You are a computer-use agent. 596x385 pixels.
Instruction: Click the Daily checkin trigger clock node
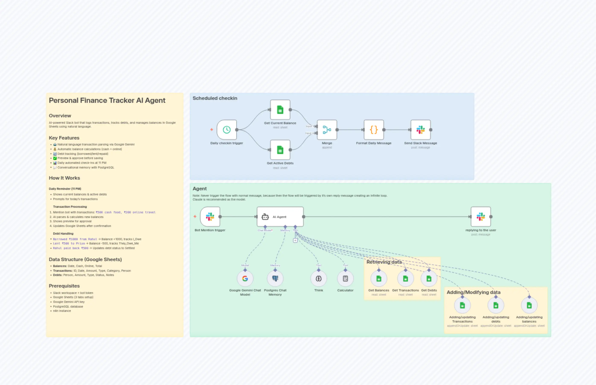click(227, 129)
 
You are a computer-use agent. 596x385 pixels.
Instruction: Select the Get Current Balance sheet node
click(280, 110)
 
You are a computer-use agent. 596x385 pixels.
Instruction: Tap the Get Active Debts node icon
click(280, 150)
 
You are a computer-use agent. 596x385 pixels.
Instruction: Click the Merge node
click(327, 129)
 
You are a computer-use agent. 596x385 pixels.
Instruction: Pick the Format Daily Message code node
click(374, 129)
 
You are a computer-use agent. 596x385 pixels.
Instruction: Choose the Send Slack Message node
click(420, 129)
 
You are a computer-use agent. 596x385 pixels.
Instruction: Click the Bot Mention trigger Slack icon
click(210, 216)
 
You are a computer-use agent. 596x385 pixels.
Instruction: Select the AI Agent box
click(280, 216)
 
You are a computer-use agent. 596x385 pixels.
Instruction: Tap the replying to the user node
click(481, 216)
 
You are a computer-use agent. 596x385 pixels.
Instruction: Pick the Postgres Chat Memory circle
click(275, 278)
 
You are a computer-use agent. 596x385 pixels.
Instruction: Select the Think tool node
click(318, 278)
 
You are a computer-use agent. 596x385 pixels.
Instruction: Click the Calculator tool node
click(345, 278)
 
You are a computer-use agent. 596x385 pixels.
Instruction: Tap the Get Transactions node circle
click(405, 278)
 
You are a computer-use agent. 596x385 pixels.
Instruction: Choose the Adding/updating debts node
click(496, 305)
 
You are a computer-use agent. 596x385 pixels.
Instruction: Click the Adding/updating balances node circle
click(529, 305)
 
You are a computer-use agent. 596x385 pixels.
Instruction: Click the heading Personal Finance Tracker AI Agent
click(107, 100)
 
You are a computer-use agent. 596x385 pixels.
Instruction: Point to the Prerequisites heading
click(64, 286)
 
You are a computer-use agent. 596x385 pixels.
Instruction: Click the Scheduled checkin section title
click(215, 98)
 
